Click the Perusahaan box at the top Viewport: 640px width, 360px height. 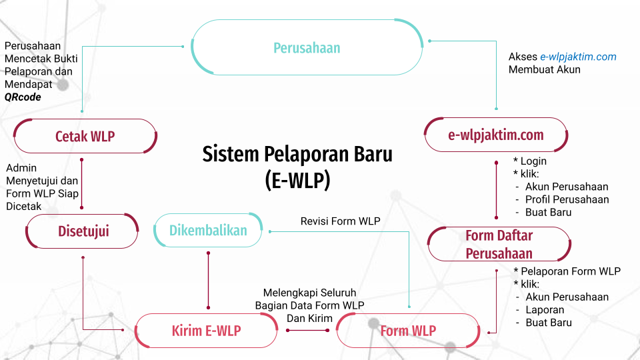click(307, 48)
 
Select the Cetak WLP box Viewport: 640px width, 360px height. click(85, 137)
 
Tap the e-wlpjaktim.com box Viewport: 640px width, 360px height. click(496, 135)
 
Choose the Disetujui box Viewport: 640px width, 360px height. click(83, 231)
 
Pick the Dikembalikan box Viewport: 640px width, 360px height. click(207, 231)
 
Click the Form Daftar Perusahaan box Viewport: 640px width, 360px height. click(499, 244)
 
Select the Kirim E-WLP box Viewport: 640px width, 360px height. click(206, 331)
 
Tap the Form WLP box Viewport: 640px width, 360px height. click(408, 331)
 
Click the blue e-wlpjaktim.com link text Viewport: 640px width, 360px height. click(578, 57)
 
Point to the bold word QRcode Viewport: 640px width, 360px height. click(23, 97)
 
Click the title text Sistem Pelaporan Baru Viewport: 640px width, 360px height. click(297, 155)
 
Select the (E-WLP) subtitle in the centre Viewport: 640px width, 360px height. click(297, 180)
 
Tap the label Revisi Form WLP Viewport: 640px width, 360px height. click(341, 221)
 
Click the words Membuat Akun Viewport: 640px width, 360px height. click(544, 69)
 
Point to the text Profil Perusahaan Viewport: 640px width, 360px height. click(567, 199)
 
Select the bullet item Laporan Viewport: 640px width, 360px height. click(545, 310)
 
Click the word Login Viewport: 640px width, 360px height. click(533, 161)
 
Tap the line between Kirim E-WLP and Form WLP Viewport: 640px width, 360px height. click(307, 329)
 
